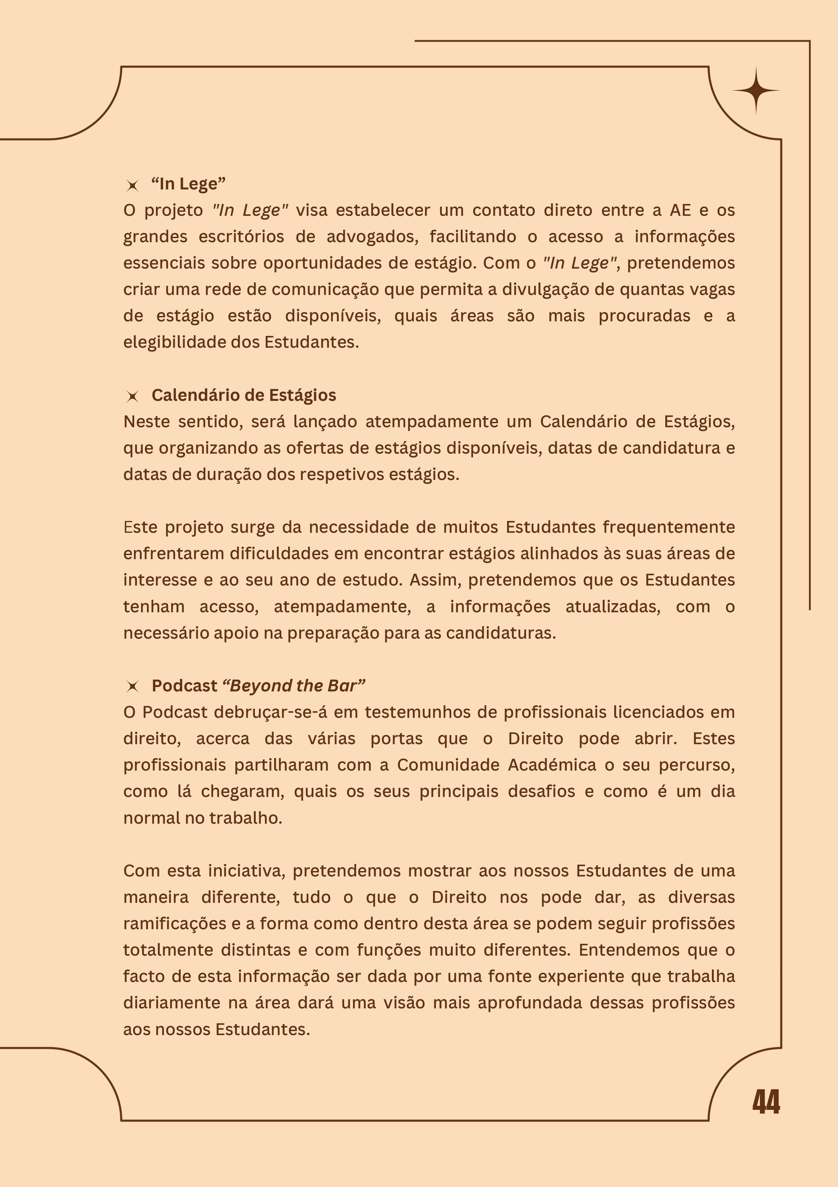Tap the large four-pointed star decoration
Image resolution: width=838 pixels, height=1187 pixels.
pyautogui.click(x=756, y=90)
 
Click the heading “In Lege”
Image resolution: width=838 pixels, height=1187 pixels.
pyautogui.click(x=189, y=184)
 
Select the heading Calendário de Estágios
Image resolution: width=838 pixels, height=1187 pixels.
pyautogui.click(x=243, y=395)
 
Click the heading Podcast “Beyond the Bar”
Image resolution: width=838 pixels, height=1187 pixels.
pyautogui.click(x=258, y=686)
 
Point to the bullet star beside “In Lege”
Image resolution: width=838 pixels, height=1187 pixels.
pyautogui.click(x=133, y=185)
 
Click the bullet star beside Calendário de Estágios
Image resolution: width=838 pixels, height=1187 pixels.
pyautogui.click(x=133, y=396)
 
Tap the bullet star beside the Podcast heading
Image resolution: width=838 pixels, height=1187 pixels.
pyautogui.click(x=133, y=687)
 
